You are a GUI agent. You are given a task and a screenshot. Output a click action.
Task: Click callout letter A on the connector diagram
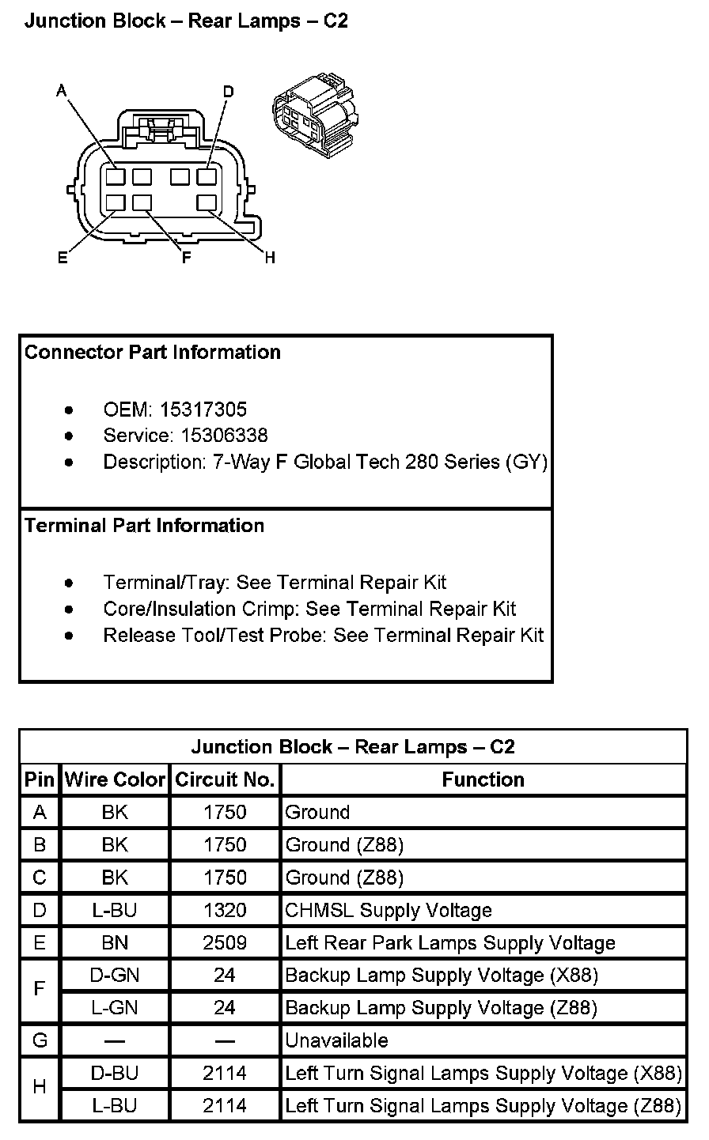(x=62, y=92)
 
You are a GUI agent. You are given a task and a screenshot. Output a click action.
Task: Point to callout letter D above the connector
(x=228, y=92)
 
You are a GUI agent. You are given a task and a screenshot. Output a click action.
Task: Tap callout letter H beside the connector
(x=270, y=259)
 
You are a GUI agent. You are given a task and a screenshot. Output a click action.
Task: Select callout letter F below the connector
(x=187, y=259)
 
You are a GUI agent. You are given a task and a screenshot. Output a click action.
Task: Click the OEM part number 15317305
(x=203, y=410)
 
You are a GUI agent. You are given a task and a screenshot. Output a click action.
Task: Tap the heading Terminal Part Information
(x=144, y=526)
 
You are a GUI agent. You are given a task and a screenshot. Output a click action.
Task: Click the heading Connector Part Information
(x=153, y=353)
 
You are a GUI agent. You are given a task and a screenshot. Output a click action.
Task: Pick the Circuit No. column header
(x=225, y=780)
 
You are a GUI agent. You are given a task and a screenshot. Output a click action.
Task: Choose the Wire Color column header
(x=116, y=780)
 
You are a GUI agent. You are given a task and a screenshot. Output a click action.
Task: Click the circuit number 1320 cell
(x=225, y=911)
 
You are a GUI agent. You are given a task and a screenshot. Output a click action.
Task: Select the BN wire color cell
(x=115, y=943)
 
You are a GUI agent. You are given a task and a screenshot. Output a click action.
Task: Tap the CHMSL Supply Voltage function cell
(x=388, y=911)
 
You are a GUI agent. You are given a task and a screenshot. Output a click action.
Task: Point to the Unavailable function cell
(x=336, y=1041)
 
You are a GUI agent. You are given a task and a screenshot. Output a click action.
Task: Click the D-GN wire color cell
(x=115, y=976)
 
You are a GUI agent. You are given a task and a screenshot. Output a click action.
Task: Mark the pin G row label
(x=40, y=1041)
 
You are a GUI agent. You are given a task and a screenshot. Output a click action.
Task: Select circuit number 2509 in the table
(x=225, y=943)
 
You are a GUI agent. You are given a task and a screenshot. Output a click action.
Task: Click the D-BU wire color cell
(x=115, y=1074)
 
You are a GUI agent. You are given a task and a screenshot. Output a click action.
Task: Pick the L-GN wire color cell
(x=115, y=1008)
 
